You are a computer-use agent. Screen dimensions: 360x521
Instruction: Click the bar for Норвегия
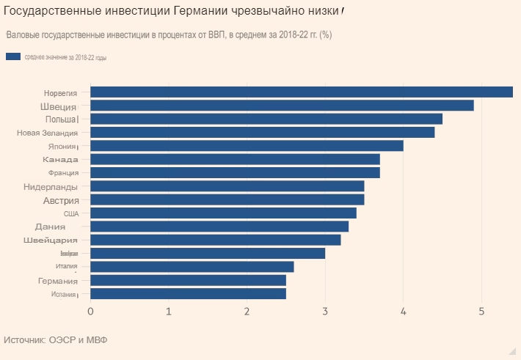[x=301, y=92]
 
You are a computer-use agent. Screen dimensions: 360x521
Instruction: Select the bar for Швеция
[x=282, y=106]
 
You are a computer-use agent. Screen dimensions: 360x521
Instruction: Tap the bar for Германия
[x=188, y=280]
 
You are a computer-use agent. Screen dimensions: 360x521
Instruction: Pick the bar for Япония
[x=247, y=146]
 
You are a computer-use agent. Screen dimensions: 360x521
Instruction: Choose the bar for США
[x=223, y=213]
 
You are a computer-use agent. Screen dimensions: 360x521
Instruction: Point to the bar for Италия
[x=192, y=267]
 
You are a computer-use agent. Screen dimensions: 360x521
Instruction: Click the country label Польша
[x=60, y=119]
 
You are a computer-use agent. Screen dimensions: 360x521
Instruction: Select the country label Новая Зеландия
[x=47, y=133]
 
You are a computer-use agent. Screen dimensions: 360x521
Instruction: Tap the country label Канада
[x=60, y=159]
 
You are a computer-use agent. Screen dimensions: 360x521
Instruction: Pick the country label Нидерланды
[x=51, y=186]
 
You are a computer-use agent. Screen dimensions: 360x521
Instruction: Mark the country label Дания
[x=50, y=227]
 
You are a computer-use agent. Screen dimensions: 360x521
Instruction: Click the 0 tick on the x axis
[x=90, y=312]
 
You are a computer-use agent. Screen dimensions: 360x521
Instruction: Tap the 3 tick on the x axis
[x=325, y=312]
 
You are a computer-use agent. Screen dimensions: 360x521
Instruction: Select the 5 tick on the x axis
[x=481, y=312]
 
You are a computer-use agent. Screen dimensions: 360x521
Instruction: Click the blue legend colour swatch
[x=12, y=56]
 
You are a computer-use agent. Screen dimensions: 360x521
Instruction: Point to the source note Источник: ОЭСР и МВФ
[x=55, y=340]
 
